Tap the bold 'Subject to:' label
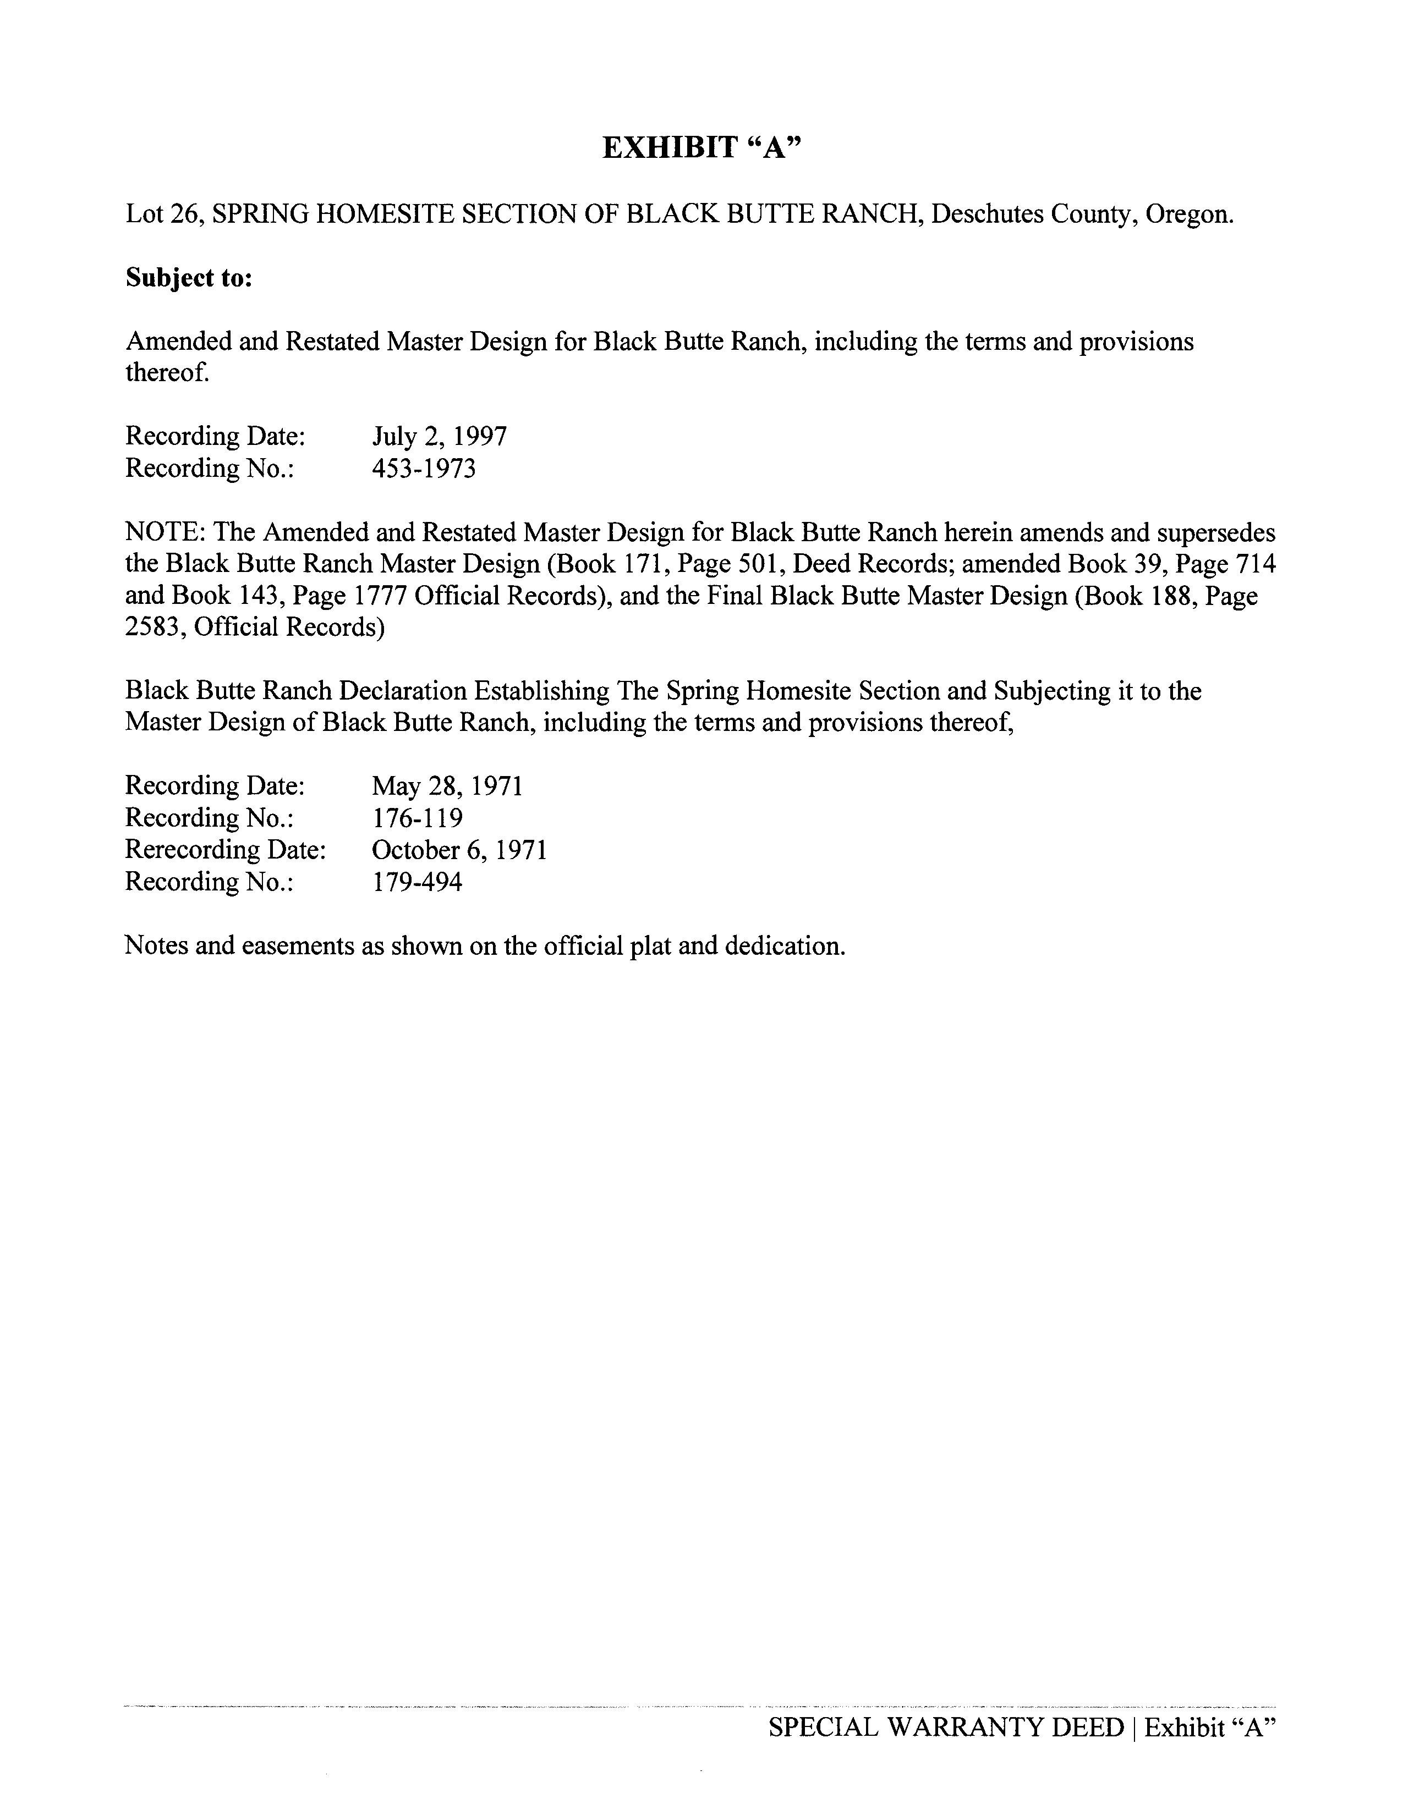189,278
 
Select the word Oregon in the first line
1188,215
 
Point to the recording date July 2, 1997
439,436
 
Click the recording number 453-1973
424,469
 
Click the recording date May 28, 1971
447,786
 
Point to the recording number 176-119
417,818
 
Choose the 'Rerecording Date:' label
225,850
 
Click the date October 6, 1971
459,850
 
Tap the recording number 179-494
417,882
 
